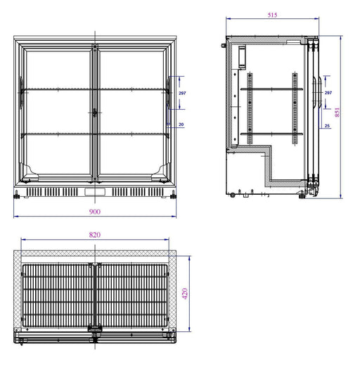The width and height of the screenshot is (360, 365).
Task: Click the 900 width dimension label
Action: point(95,211)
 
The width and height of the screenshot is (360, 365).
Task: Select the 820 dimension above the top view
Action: point(95,234)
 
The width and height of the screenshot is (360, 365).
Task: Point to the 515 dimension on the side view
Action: point(271,14)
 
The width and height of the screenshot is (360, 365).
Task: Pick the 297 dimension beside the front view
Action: point(181,93)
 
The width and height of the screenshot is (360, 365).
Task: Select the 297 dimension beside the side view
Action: point(328,93)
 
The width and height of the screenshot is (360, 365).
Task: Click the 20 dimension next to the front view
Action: point(181,124)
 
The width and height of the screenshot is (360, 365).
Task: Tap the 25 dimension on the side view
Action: point(327,126)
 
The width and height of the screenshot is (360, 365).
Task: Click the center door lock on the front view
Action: point(94,113)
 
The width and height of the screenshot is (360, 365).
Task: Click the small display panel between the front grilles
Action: point(94,191)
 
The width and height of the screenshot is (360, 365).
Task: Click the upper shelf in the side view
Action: point(271,89)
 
